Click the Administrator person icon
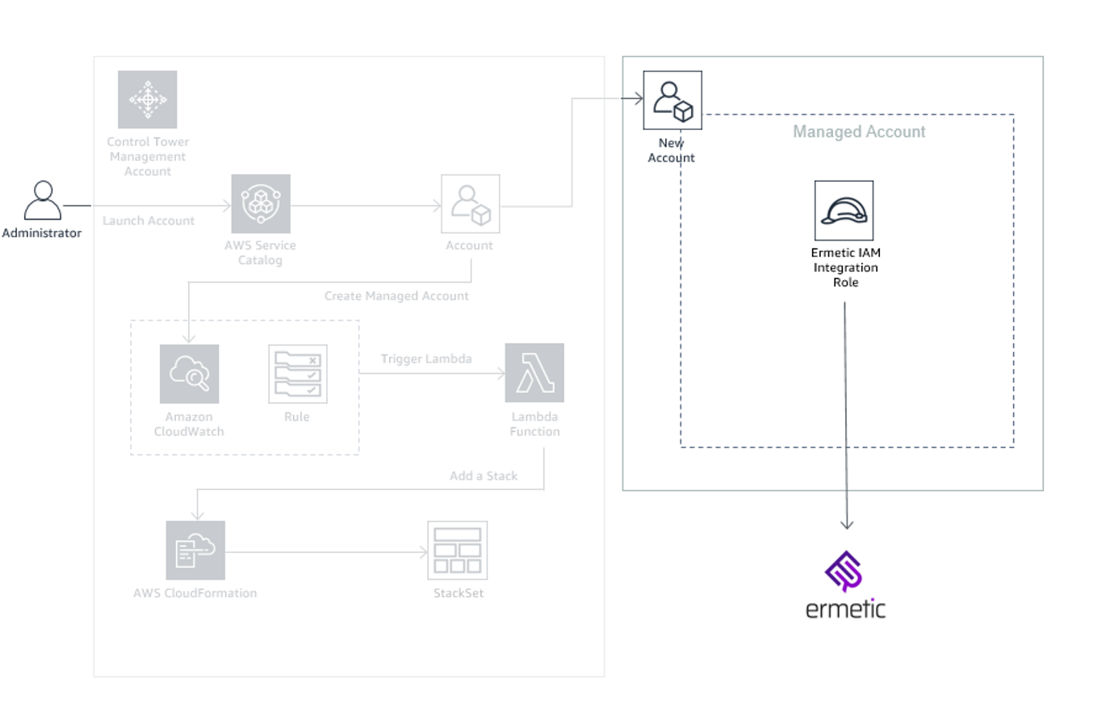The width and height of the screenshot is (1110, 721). tap(43, 200)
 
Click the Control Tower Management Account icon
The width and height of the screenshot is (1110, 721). tap(147, 99)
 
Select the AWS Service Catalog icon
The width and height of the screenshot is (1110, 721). tap(260, 203)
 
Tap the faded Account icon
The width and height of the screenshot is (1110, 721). tap(470, 203)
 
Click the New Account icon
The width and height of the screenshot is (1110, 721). tap(672, 100)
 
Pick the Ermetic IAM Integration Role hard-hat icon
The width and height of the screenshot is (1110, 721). tap(844, 211)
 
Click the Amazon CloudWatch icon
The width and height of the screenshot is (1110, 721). tap(189, 373)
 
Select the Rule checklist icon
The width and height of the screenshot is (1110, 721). tap(297, 373)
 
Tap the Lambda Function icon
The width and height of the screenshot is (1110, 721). tap(534, 373)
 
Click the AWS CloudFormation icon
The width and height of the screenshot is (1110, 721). tap(195, 550)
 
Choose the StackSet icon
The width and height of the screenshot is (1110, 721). tap(458, 550)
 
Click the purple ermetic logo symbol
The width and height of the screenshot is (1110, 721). tap(844, 571)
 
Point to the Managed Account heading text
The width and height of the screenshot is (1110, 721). tap(859, 132)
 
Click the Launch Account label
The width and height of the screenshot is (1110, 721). tap(149, 220)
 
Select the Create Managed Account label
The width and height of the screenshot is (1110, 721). tap(396, 296)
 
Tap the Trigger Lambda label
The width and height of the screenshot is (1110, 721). tap(426, 358)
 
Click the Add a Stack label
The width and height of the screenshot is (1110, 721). tap(484, 476)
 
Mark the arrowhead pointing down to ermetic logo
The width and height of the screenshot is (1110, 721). tap(846, 525)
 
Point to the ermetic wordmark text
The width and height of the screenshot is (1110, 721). tap(845, 609)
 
